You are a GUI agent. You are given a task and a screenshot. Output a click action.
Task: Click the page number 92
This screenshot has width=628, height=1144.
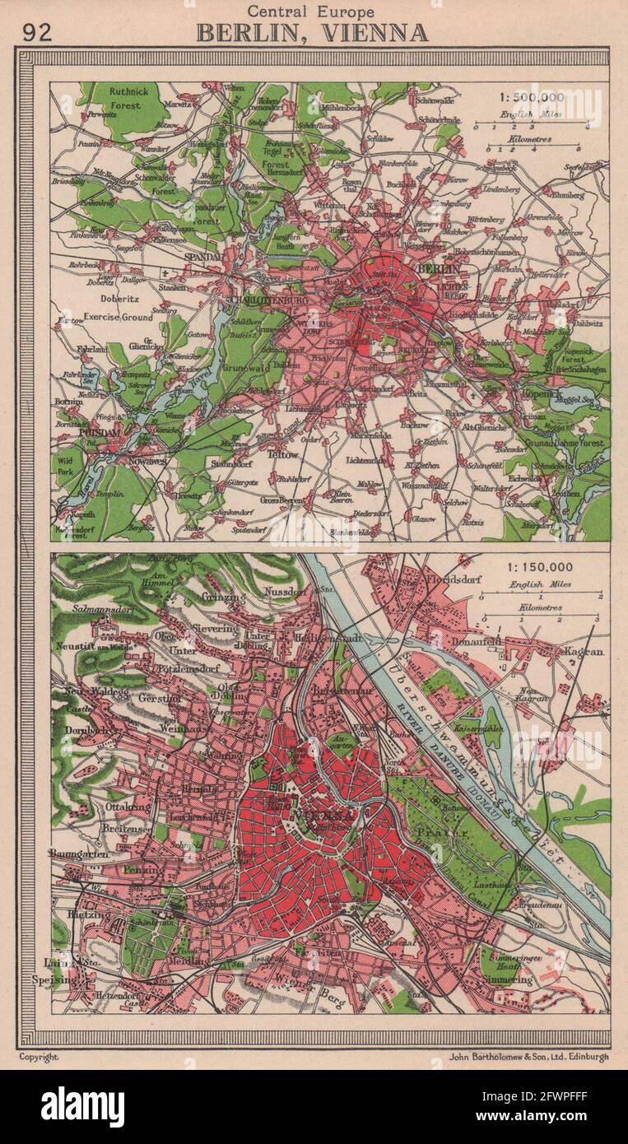click(x=38, y=32)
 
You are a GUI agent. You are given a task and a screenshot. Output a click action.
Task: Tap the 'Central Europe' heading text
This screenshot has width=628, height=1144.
click(x=313, y=12)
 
